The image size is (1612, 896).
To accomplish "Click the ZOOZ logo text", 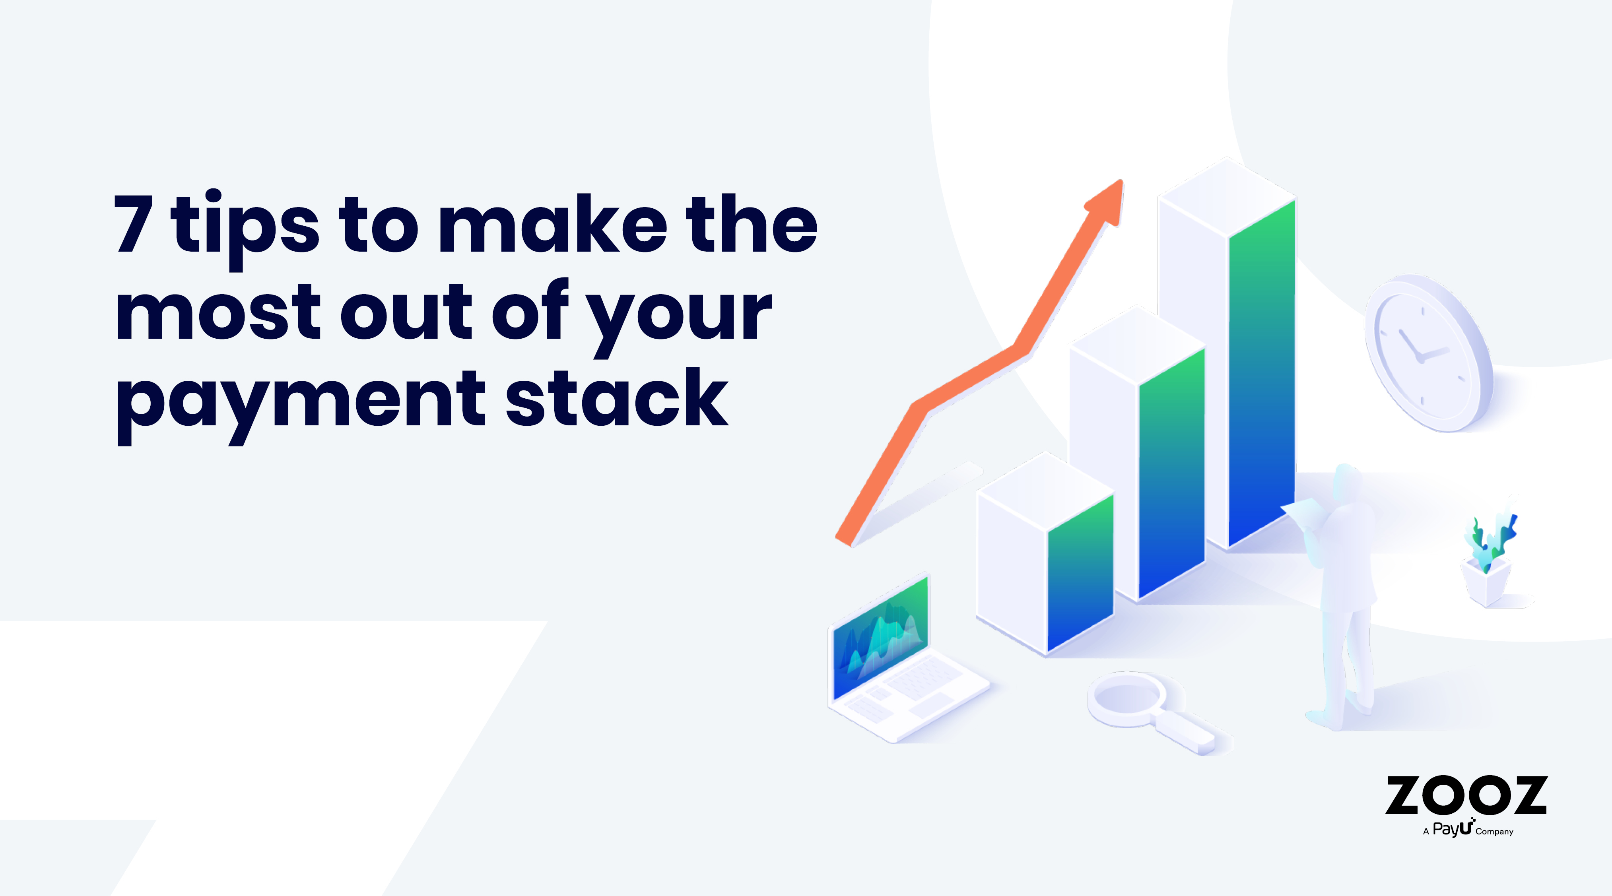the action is coord(1466,795).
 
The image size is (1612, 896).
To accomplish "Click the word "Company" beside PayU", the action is coord(1494,832).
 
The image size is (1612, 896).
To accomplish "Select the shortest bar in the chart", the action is coord(1045,554).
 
